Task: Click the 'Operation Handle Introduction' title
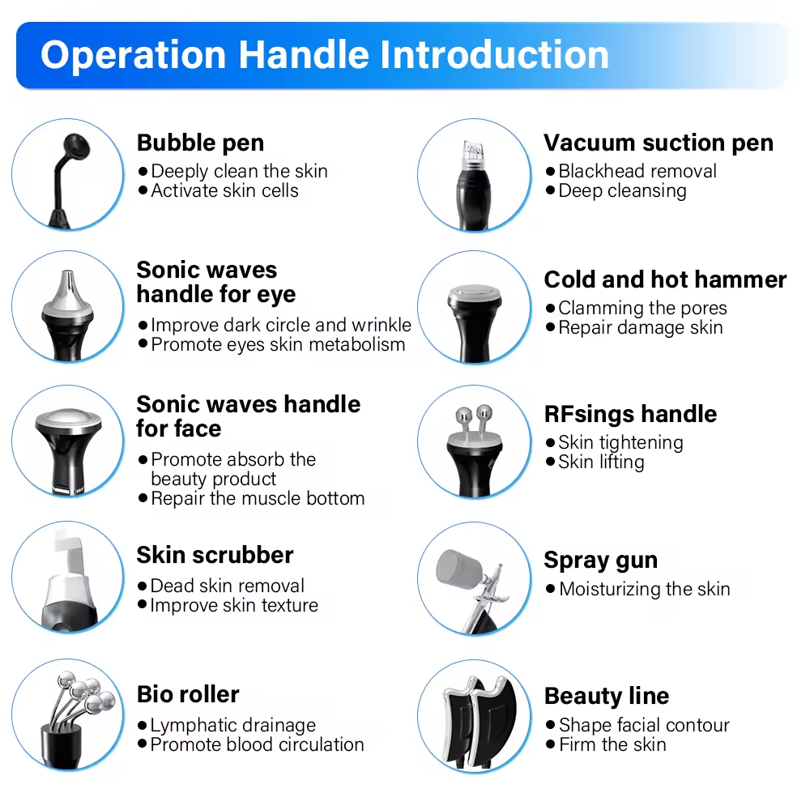[325, 55]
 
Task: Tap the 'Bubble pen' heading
[200, 143]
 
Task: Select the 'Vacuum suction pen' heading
[659, 143]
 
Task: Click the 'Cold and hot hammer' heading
[665, 279]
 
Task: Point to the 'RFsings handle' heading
[631, 414]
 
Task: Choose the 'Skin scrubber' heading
[215, 555]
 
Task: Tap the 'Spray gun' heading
[601, 561]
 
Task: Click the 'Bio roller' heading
[188, 694]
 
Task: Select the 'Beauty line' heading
[607, 697]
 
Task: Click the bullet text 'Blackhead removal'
[637, 171]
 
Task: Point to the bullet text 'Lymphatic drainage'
[233, 726]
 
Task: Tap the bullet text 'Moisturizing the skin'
[645, 589]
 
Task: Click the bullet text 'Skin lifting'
[601, 463]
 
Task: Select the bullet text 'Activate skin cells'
[224, 190]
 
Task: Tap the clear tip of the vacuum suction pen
[474, 154]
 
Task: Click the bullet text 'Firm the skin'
[612, 745]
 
